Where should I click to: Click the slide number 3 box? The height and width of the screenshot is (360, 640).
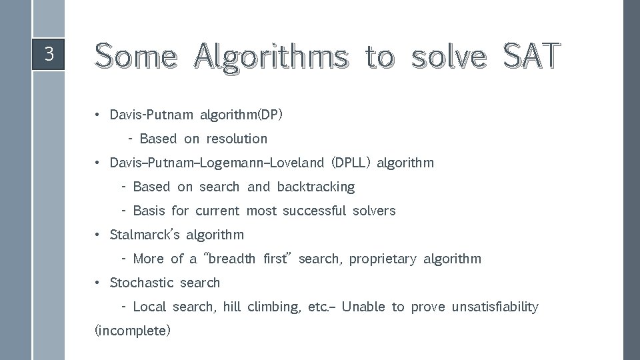48,54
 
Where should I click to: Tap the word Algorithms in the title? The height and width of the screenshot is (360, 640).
271,56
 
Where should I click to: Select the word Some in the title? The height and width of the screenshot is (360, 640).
137,56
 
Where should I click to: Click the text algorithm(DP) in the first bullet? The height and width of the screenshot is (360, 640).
241,115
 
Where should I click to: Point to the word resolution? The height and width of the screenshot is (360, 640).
237,139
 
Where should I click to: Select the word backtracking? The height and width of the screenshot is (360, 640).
316,187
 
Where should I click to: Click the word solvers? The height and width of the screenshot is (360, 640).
373,211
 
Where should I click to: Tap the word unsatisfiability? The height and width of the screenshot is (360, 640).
495,307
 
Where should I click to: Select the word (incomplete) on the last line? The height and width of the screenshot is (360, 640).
133,331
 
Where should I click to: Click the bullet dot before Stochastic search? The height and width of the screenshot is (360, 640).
97,283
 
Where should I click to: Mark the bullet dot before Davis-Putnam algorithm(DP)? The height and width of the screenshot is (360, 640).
97,115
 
